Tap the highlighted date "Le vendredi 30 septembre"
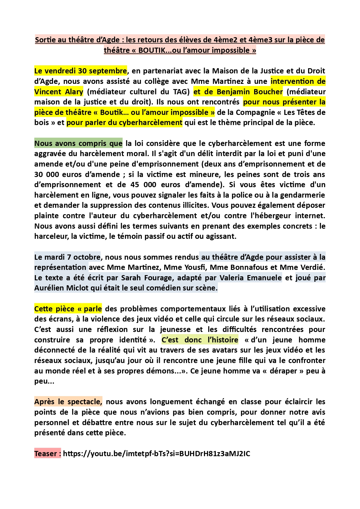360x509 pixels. (x=80, y=71)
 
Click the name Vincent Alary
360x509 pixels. (x=59, y=92)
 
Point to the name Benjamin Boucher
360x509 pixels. (x=249, y=92)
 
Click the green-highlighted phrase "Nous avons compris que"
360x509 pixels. (x=78, y=143)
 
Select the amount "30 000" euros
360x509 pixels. (x=46, y=174)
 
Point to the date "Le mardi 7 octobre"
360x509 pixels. (x=67, y=257)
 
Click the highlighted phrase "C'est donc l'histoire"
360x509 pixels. (x=200, y=340)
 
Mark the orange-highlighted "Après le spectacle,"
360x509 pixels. (x=68, y=402)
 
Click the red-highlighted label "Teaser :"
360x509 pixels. (x=48, y=454)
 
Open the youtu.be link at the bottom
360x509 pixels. (x=156, y=454)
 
